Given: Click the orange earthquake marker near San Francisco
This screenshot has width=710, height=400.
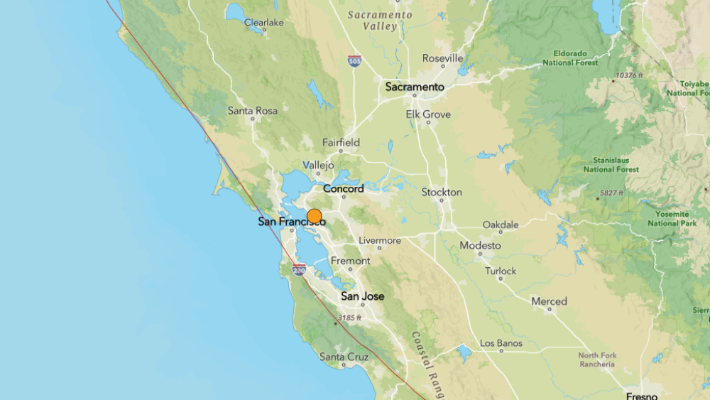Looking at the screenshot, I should point(314,217).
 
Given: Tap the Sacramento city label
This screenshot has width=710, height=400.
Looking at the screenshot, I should point(415,87).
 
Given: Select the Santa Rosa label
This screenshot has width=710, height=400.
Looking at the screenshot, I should point(252,110).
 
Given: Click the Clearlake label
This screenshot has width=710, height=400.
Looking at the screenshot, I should point(263,22).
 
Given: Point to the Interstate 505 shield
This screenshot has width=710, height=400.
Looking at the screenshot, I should point(354,61).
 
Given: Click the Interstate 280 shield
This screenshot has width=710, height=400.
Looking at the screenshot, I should point(299,270).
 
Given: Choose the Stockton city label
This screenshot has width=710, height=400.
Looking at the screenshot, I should point(442,192).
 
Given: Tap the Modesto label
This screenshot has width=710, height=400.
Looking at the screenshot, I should point(480,245).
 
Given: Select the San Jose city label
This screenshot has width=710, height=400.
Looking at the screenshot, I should point(362,296).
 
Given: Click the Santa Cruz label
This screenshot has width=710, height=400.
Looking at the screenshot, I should point(344,356).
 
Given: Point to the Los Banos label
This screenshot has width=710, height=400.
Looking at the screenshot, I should point(501,343).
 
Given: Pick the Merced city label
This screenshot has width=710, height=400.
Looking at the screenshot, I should point(549,301).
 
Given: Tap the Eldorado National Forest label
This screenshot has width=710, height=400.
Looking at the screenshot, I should point(570,58).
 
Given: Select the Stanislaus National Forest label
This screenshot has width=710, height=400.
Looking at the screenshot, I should point(608,165).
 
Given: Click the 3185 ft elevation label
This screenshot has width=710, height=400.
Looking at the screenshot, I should point(349,318).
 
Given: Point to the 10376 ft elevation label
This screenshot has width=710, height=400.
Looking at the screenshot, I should point(629,75).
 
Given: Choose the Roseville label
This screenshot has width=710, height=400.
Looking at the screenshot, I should point(442,58).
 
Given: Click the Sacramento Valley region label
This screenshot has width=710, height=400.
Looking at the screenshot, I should point(381,20).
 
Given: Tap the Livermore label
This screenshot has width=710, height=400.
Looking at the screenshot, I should point(379,240).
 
